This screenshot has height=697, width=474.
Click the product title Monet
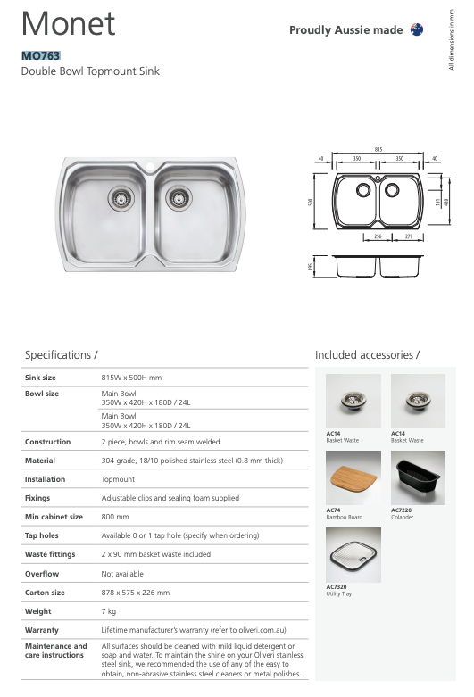pyautogui.click(x=68, y=24)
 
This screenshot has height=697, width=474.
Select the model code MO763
pyautogui.click(x=40, y=55)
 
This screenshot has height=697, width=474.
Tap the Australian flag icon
pyautogui.click(x=416, y=29)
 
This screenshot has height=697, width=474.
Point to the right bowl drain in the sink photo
pyautogui.click(x=179, y=196)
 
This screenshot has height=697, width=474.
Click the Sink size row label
pyautogui.click(x=40, y=378)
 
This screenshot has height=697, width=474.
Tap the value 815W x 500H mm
pyautogui.click(x=131, y=378)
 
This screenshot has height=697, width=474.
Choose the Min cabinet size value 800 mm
pyautogui.click(x=115, y=517)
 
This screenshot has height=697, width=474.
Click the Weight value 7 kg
pyautogui.click(x=109, y=611)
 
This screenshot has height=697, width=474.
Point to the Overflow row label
pyautogui.click(x=42, y=574)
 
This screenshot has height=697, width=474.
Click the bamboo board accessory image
pyautogui.click(x=353, y=477)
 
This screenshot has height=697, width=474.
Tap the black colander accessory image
pyautogui.click(x=418, y=477)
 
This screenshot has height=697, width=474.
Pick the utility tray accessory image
pyautogui.click(x=353, y=555)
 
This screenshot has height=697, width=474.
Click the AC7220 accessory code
pyautogui.click(x=401, y=510)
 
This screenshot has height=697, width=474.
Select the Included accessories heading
pyautogui.click(x=367, y=355)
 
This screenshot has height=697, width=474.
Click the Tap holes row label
pyautogui.click(x=42, y=535)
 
